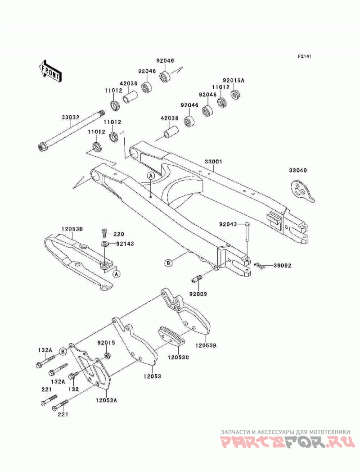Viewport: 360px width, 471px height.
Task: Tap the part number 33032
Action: tap(71, 117)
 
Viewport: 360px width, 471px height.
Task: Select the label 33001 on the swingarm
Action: tap(213, 162)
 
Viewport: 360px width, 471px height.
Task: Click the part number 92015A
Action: tap(234, 81)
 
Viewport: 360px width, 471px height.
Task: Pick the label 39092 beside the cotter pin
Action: tap(282, 266)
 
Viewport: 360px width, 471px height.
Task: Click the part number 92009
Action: tap(198, 294)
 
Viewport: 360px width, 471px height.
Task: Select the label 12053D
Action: tap(72, 229)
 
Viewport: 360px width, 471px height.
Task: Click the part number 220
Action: tap(119, 234)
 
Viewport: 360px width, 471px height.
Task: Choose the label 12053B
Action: tap(206, 345)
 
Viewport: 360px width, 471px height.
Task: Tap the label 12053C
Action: tap(178, 358)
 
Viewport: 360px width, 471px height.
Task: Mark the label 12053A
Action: tap(107, 400)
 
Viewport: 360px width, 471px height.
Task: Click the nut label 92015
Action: tap(106, 342)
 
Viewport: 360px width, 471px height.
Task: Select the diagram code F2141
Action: tap(305, 56)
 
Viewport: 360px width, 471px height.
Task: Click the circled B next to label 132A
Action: tap(63, 350)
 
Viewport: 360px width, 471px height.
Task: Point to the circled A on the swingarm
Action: tap(151, 176)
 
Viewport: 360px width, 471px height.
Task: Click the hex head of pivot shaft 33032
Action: tap(40, 148)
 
